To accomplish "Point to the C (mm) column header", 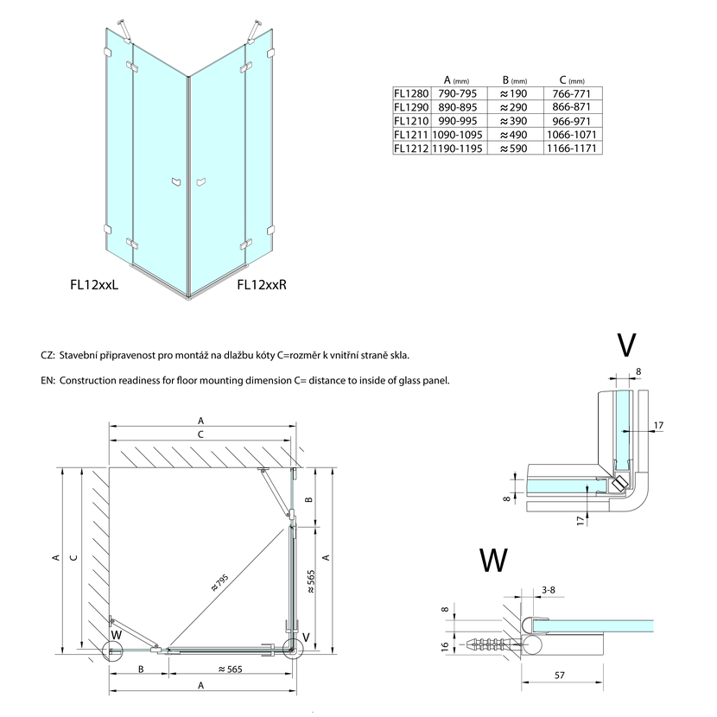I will coord(572,78).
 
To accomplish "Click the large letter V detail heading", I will coord(627,344).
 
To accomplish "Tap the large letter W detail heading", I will coord(493,561).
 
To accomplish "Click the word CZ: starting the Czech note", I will coord(48,355).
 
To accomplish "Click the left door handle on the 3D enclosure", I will coord(176,181).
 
